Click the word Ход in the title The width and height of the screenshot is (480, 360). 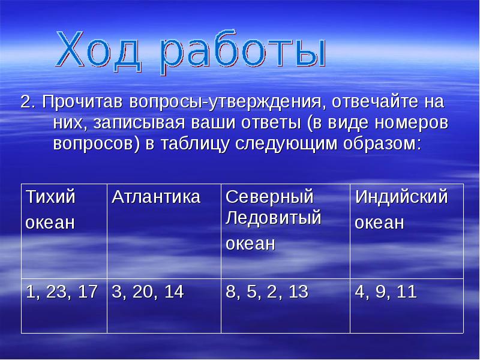(x=105, y=50)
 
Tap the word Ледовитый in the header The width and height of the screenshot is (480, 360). (x=274, y=218)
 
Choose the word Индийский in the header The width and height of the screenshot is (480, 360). (x=401, y=197)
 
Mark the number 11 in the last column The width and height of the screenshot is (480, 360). (x=406, y=292)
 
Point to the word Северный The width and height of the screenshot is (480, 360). (x=269, y=197)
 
